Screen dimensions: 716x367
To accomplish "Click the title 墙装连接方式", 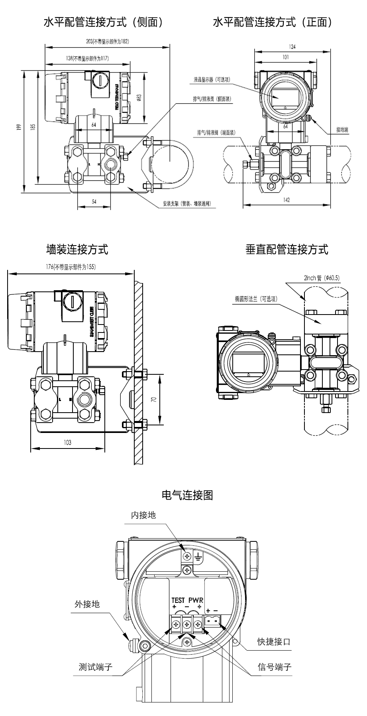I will coord(77,250).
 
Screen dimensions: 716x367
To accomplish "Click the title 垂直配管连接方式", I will coord(287,250).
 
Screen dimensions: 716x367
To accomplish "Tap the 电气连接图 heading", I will coord(187,495).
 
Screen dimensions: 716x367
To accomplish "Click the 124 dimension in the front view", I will coord(292,47).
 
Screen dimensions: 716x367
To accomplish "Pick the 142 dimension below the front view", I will coord(287,200).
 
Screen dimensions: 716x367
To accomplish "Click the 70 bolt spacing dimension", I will coord(154,398).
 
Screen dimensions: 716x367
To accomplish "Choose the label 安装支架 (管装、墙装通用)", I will coord(187,204).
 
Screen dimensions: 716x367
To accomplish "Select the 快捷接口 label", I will coord(273,653).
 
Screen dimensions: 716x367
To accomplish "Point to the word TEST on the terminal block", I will coord(178,600).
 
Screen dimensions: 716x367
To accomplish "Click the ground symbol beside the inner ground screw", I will coord(198,556).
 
